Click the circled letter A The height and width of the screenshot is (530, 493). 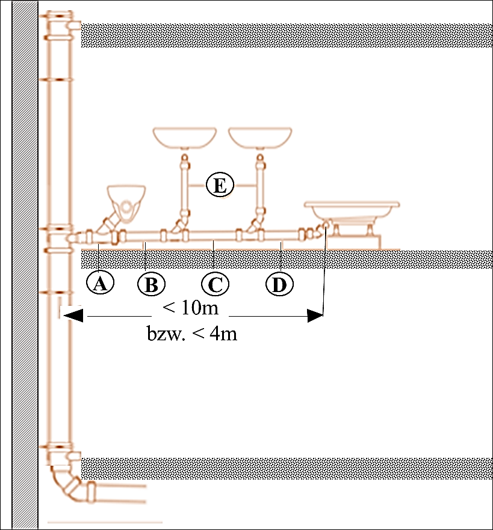[x=100, y=282]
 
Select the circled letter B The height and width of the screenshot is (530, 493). [x=150, y=284]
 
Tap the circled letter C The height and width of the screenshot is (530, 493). [x=215, y=284]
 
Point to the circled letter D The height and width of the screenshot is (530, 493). [x=279, y=284]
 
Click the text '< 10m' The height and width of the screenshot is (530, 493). [x=189, y=309]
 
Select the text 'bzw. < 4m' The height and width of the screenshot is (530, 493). [x=192, y=334]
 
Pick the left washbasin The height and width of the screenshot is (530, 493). [x=185, y=138]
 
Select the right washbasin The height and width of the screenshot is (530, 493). [x=259, y=138]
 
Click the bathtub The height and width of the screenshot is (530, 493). [x=352, y=213]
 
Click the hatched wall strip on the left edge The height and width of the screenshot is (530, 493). [x=25, y=264]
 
